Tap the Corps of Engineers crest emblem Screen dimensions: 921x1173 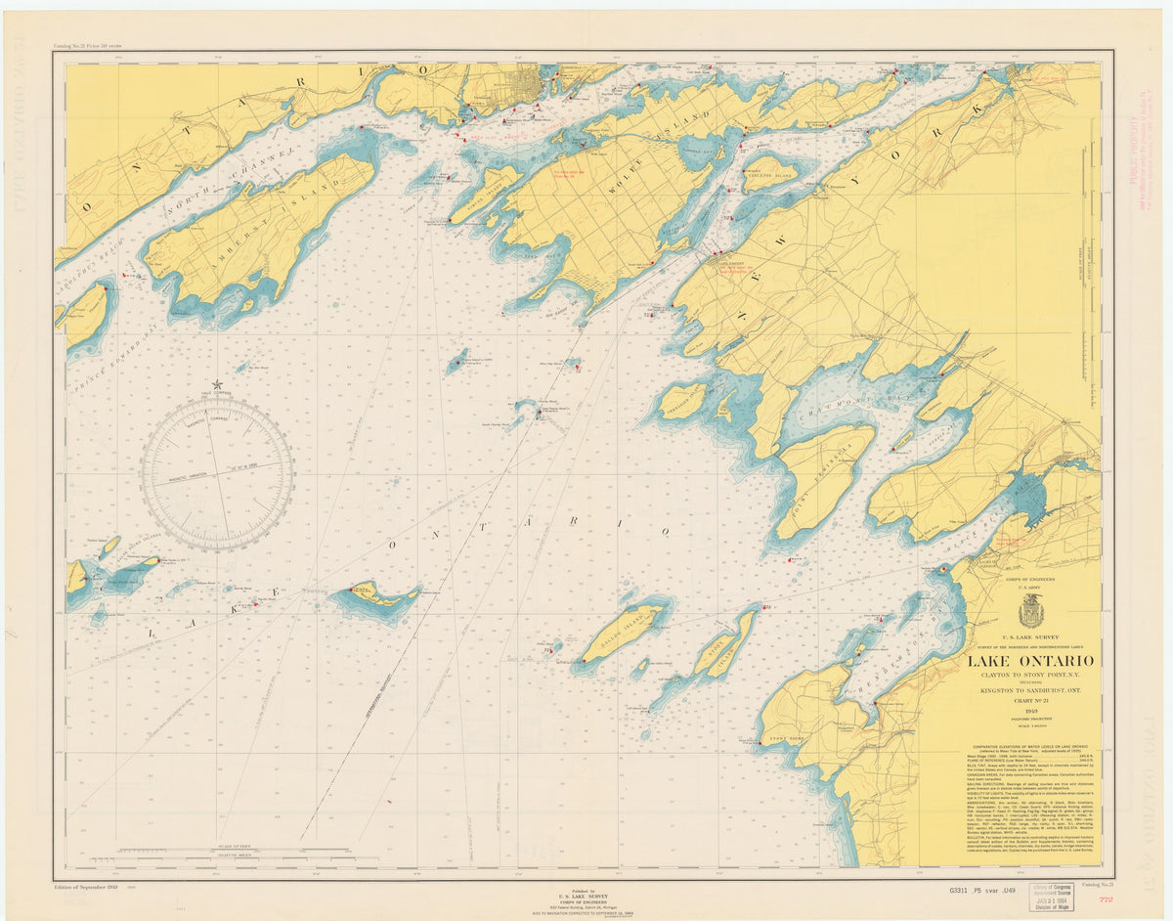[1031, 612]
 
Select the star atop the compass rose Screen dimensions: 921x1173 [217, 384]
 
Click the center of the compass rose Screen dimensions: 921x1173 [217, 475]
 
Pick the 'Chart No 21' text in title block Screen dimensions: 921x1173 [1030, 703]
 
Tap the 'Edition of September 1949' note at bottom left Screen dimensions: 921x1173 [89, 886]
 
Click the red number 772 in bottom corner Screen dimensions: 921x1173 [1105, 899]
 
